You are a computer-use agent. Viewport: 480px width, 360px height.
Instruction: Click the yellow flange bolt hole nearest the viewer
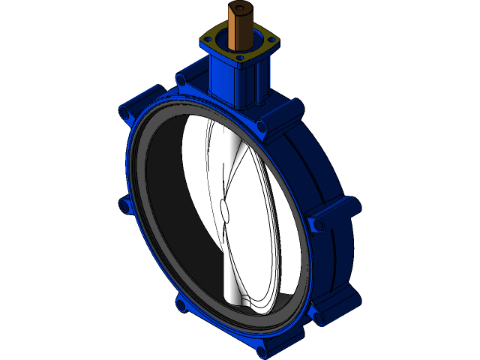click(239, 57)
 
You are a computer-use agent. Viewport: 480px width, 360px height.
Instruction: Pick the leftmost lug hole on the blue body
click(122, 203)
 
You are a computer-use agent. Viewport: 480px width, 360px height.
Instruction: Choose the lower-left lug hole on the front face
click(180, 304)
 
